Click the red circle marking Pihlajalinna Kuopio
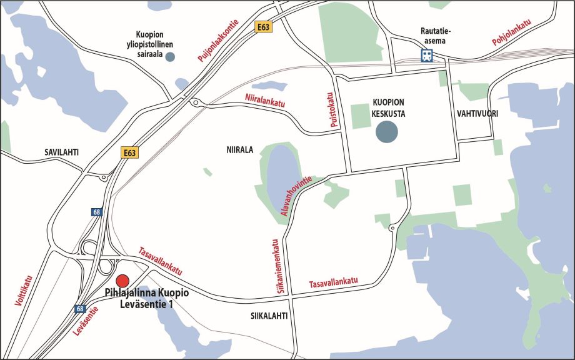coord(122,280)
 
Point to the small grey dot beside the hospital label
coord(170,57)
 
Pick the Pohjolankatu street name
coord(511,33)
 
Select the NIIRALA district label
coord(240,150)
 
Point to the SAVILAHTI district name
coord(66,152)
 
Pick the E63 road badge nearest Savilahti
coord(129,152)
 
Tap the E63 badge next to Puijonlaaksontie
coord(263,27)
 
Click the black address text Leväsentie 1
coord(147,304)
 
